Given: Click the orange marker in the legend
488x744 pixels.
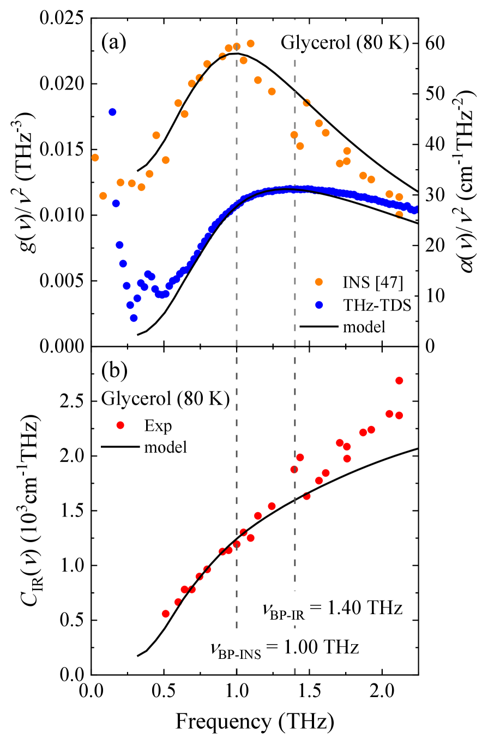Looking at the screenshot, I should coord(319,282).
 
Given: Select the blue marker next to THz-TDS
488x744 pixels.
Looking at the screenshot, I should coord(319,305).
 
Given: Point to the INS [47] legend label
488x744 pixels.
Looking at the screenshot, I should coord(372,282).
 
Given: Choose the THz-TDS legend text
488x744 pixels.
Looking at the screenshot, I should coord(376,305).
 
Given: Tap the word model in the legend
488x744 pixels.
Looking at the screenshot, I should coord(364,328).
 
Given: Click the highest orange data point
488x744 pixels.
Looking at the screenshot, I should coord(250,43).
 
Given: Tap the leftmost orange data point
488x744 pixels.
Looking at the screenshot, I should coord(95,158).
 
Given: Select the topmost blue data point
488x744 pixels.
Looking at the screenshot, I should coord(112,112).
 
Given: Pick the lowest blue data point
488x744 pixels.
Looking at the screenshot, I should coord(134,318).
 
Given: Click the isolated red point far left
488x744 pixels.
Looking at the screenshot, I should coord(121,425).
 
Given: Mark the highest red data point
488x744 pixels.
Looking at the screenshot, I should coord(399,380).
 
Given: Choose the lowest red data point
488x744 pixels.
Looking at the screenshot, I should coord(166,614).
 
